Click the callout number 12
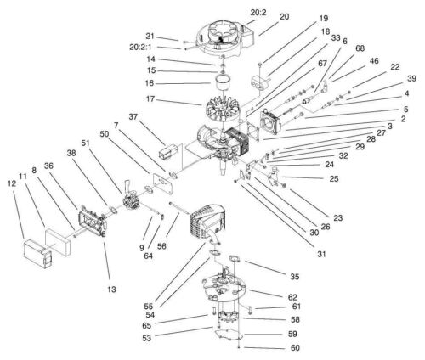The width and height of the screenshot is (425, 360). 12,183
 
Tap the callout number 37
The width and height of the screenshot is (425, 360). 133,116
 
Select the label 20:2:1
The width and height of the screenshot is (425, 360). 140,48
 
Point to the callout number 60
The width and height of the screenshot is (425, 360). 295,347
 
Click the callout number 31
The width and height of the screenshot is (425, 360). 321,254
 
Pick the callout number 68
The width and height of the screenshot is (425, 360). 360,48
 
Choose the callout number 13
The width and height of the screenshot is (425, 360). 111,290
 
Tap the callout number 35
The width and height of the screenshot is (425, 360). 295,277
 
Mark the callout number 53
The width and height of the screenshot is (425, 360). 146,338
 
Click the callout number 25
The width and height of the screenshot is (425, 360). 334,178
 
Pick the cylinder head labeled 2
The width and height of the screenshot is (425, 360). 271,123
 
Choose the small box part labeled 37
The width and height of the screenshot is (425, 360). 168,150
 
